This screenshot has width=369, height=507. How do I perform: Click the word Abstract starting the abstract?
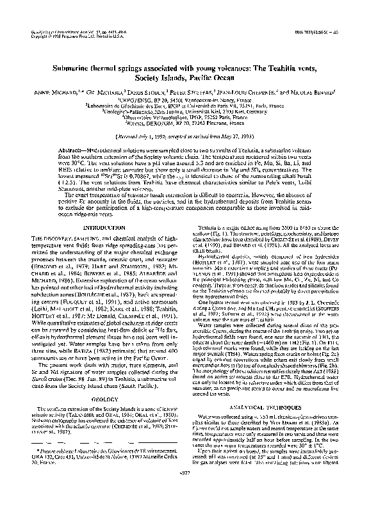[62, 147]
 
